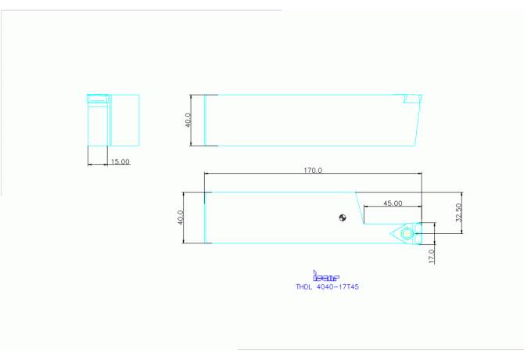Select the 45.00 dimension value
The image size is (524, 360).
click(x=393, y=203)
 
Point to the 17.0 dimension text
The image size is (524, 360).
click(x=431, y=255)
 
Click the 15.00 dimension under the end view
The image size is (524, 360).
click(x=120, y=161)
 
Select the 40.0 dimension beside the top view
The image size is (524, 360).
click(x=181, y=218)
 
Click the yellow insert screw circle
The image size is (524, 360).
click(x=404, y=233)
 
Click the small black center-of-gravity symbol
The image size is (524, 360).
click(x=342, y=218)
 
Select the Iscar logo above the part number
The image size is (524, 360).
click(x=325, y=276)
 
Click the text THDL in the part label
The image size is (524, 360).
click(x=303, y=287)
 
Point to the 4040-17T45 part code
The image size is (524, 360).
click(x=337, y=287)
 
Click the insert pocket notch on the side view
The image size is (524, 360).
click(x=411, y=99)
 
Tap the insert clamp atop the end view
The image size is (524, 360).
click(x=98, y=99)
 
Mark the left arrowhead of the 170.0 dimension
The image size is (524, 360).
click(x=206, y=174)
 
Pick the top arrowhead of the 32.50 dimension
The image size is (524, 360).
click(x=462, y=194)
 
